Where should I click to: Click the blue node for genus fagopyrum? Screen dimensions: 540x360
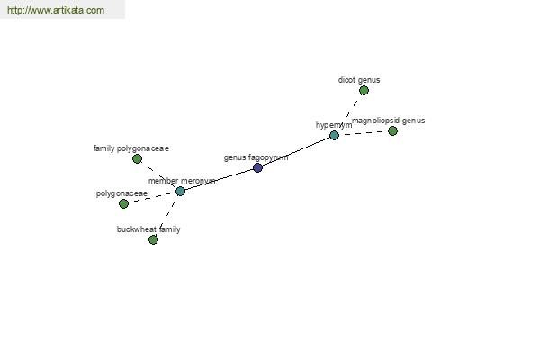257,167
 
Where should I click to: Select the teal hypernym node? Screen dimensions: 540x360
334,135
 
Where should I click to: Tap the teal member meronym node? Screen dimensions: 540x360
180,191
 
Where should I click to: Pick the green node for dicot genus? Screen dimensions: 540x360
364,91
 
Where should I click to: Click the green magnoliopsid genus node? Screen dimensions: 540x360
392,130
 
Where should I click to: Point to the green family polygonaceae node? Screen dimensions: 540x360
137,158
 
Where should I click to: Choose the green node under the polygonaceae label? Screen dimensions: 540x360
123,204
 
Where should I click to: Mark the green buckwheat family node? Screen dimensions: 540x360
153,239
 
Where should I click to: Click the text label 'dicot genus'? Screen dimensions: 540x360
359,80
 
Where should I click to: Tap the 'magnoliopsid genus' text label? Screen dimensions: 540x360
389,121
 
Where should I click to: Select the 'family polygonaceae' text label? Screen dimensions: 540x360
131,148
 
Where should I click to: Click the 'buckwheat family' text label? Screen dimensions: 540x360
148,229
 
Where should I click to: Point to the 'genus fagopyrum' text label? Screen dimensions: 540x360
256,157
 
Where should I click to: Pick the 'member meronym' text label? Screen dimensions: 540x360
182,181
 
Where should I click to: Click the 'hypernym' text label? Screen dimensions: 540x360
334,125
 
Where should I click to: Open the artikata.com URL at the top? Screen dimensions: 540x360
56,10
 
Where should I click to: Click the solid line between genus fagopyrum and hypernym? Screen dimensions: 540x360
296,151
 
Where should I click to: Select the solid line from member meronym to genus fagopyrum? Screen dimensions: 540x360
219,179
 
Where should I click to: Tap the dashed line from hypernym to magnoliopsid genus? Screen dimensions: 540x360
364,133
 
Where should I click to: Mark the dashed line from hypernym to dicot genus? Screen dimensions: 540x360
349,113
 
